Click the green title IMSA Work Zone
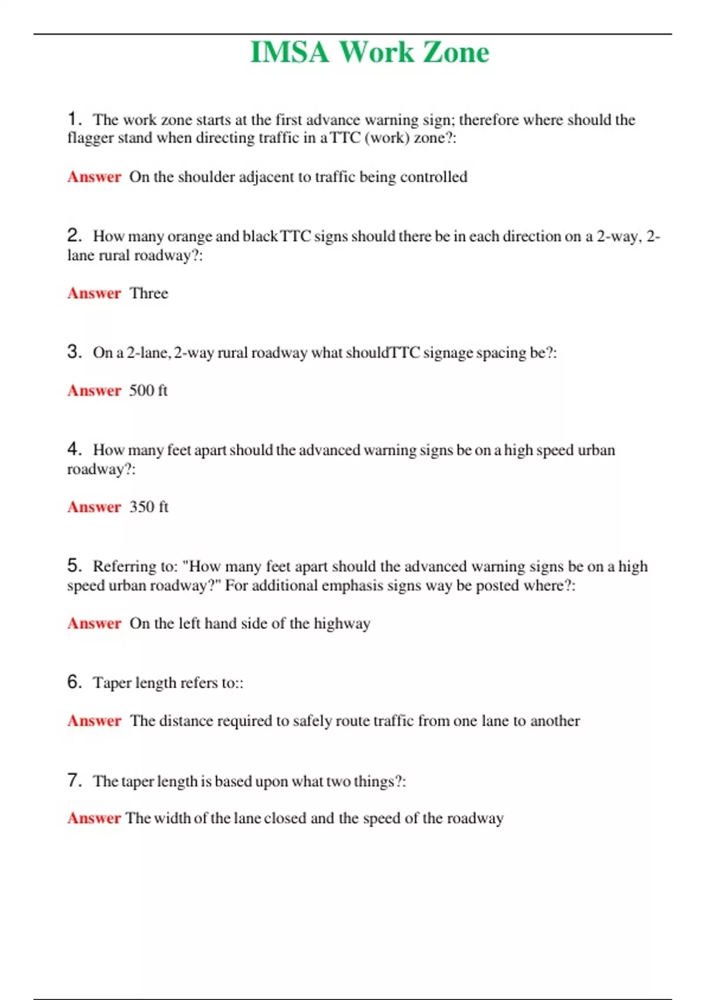tap(369, 52)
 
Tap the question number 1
tap(74, 119)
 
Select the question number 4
tap(74, 449)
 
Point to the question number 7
tap(74, 781)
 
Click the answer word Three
tap(149, 293)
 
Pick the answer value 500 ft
tap(148, 391)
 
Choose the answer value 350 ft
tap(149, 507)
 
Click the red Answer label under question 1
tap(94, 177)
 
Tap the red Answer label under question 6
tap(94, 721)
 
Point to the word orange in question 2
tap(189, 236)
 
